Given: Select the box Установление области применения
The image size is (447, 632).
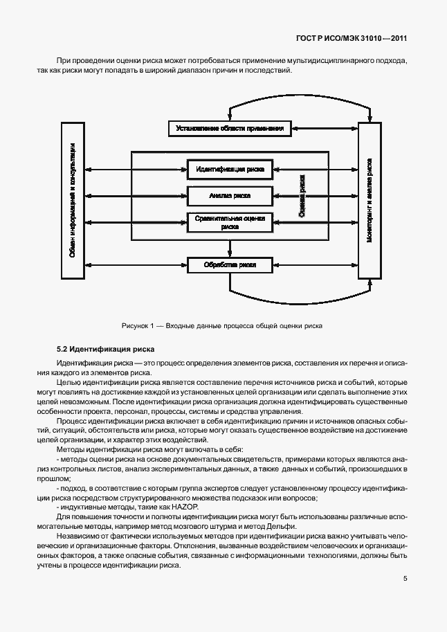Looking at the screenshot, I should pos(229,128).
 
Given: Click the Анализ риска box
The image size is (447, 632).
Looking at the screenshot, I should pos(229,196).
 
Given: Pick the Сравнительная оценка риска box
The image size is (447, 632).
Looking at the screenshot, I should pos(229,222).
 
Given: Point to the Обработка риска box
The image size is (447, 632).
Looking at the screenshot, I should pos(229,264).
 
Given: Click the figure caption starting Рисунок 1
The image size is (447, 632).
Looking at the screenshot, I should pos(223,325).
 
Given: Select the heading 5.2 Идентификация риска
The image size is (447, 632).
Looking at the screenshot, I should pos(106,349).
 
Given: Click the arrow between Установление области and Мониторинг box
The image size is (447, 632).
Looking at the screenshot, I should pos(324,128).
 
